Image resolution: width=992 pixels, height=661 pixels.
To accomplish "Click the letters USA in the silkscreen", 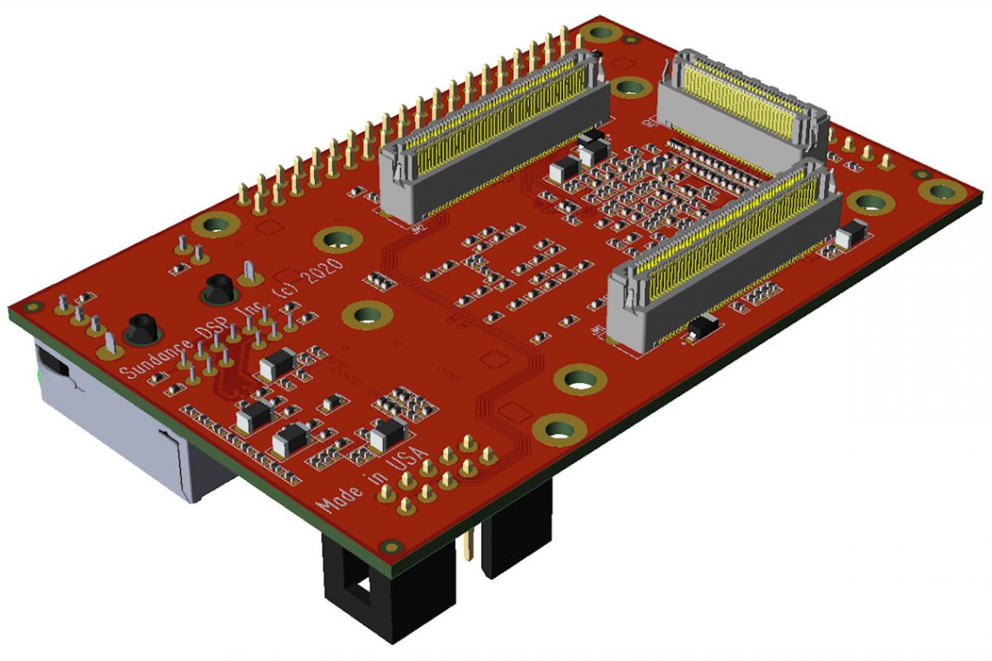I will tap(407, 462).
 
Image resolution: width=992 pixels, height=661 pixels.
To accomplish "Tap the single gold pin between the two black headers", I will tap(470, 544).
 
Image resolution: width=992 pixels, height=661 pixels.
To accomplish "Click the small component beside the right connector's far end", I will tap(851, 234).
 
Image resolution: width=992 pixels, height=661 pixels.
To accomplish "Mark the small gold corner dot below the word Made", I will tap(392, 546).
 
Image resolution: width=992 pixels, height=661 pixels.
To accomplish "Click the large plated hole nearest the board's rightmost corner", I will tap(941, 190).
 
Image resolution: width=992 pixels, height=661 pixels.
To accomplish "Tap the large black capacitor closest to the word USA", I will tap(386, 433).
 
